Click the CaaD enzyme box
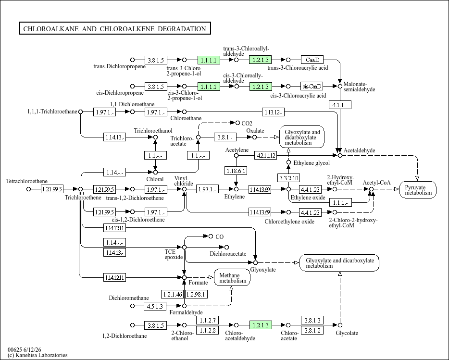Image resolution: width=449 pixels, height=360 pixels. point(312,60)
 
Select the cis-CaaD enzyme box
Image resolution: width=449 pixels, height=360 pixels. point(312,86)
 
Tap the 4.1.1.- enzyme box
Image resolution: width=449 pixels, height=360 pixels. point(340,105)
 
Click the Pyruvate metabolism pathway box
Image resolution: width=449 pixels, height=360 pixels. point(418,190)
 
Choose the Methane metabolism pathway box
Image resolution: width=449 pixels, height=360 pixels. point(232,277)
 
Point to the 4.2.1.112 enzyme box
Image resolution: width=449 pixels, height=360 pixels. point(266,156)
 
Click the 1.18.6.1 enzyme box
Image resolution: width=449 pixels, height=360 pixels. point(236,171)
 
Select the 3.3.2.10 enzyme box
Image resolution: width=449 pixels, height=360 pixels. point(288,178)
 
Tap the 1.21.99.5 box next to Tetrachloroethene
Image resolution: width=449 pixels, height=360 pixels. point(52,189)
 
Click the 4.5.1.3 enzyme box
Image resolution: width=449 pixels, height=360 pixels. point(155,306)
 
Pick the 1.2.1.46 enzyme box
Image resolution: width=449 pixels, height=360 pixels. point(173,294)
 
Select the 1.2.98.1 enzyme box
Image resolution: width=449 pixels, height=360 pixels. point(196,294)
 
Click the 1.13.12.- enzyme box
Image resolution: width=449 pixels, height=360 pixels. point(273,112)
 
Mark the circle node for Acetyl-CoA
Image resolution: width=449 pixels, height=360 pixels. point(372,189)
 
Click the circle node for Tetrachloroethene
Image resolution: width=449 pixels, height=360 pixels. point(28,189)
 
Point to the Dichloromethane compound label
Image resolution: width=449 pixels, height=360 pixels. point(129,298)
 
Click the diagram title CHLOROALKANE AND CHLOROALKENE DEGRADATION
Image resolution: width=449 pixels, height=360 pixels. point(114,29)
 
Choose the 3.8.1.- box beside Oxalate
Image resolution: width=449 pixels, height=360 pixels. point(225,137)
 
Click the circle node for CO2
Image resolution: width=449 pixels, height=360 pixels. point(237,123)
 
